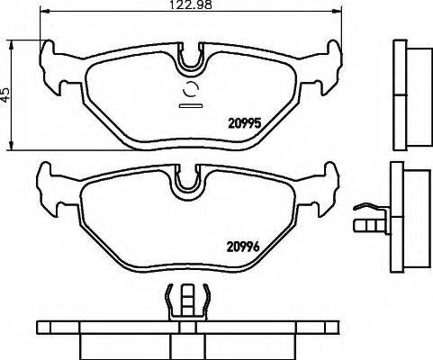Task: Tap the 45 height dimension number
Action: [6, 94]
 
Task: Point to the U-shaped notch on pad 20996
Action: [189, 181]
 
